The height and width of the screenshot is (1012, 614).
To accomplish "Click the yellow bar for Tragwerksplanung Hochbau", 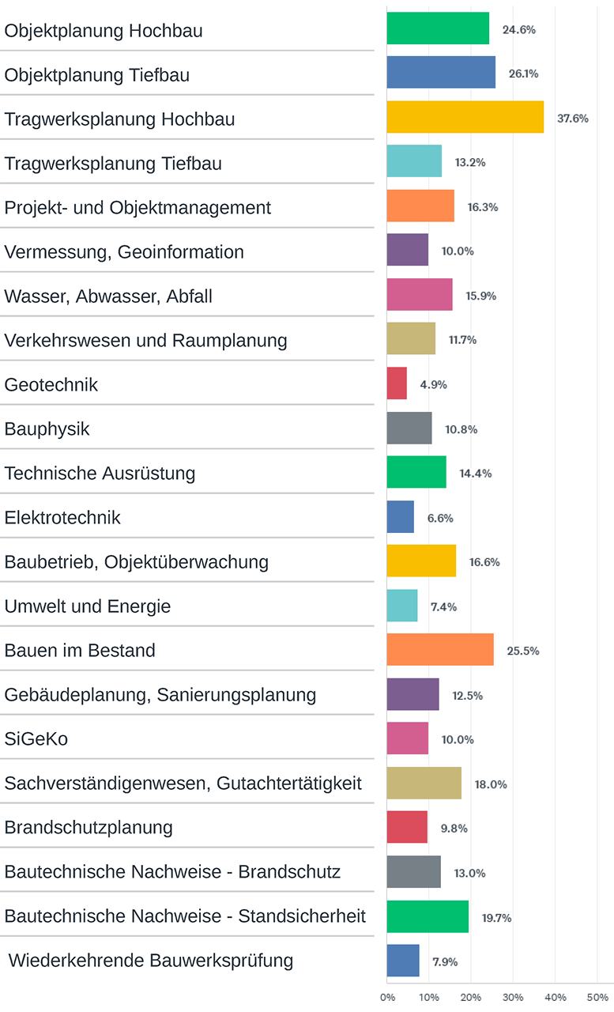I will [x=465, y=117].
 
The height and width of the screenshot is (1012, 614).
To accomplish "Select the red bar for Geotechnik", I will [x=397, y=383].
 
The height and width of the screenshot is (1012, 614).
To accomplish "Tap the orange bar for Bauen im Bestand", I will [x=440, y=650].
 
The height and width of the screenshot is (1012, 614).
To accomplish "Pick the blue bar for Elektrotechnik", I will [x=400, y=517].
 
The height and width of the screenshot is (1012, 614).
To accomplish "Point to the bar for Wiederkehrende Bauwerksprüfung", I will [x=403, y=961].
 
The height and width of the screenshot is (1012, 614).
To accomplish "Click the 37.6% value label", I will [x=572, y=119].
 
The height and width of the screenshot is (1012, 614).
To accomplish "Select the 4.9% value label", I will [x=433, y=385].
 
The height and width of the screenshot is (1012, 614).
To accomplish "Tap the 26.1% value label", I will [x=524, y=74].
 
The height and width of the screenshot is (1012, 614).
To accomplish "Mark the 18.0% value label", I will [x=490, y=784].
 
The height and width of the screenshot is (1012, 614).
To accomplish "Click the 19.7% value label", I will [x=497, y=918].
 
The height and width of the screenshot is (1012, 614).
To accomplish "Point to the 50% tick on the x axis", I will [x=597, y=997].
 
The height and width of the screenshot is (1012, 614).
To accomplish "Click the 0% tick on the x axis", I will [x=387, y=997].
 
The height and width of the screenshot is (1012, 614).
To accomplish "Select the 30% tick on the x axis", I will [x=513, y=997].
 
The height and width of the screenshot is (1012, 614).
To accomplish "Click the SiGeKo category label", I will [x=36, y=739].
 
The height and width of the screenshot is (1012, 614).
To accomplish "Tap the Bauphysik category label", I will [x=47, y=429].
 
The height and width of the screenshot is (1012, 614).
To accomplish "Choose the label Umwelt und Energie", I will [x=88, y=606].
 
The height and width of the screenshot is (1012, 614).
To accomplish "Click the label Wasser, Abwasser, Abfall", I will [x=108, y=296].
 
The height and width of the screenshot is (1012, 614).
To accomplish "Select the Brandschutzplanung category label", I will [x=89, y=828].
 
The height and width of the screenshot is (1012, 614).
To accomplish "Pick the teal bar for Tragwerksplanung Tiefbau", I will [x=414, y=161].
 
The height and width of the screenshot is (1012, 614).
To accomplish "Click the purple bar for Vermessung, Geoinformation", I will [x=408, y=250].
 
